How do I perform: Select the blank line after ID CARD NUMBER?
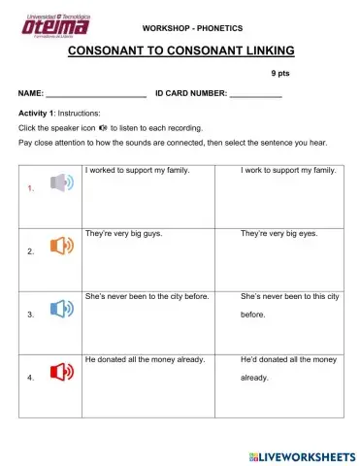tap(255, 95)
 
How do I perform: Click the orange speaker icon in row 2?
tap(60, 246)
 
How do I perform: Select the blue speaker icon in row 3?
tap(60, 309)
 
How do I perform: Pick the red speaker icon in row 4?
tap(60, 371)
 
